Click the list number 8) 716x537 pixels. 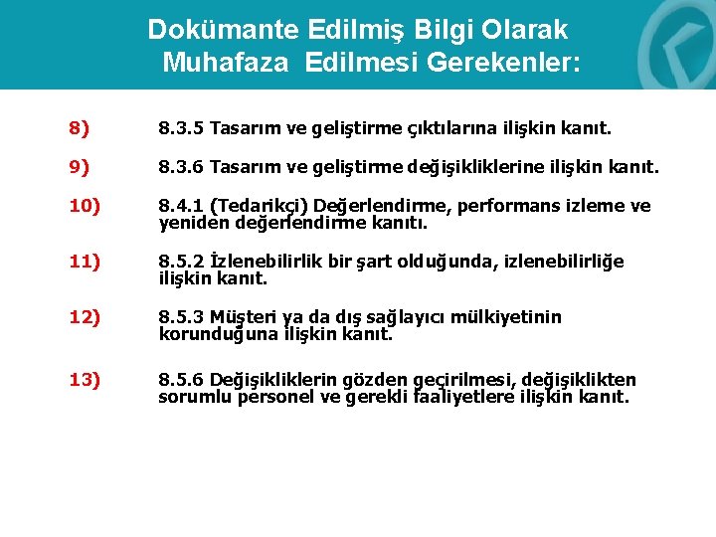coord(80,129)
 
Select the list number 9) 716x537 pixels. coord(80,168)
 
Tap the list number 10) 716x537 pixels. coord(84,206)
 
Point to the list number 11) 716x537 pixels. coord(84,262)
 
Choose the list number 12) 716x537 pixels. coord(84,317)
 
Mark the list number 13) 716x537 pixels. coord(84,380)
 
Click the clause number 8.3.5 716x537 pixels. coord(180,129)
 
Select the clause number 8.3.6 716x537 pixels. coord(180,168)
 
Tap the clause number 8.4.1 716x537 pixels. coord(180,206)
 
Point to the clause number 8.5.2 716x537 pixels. coord(180,262)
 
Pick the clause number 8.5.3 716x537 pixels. coord(180,317)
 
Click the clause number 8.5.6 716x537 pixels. coord(180,380)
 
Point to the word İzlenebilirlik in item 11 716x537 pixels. coord(263,262)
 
